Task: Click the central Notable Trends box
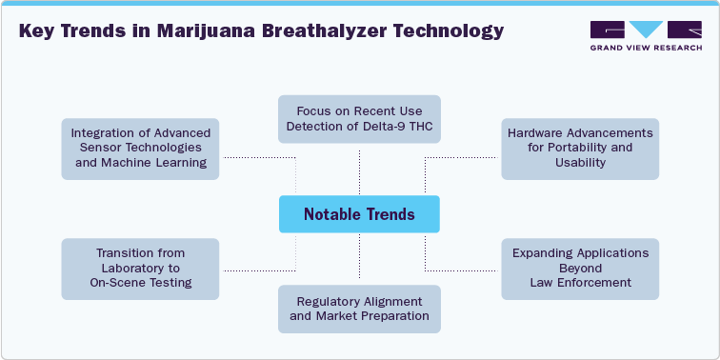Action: pos(359,214)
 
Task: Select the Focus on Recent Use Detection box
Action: pos(359,119)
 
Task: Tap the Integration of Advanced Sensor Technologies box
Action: pos(141,149)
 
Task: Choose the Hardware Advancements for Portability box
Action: pos(580,149)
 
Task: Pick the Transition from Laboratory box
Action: pos(141,268)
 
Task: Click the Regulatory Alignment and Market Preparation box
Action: pos(359,309)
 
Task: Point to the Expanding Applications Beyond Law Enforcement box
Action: pos(580,268)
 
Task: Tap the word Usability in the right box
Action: pos(580,163)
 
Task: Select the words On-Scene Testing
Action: pos(141,282)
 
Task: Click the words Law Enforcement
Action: pos(580,282)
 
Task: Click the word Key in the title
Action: pos(36,30)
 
